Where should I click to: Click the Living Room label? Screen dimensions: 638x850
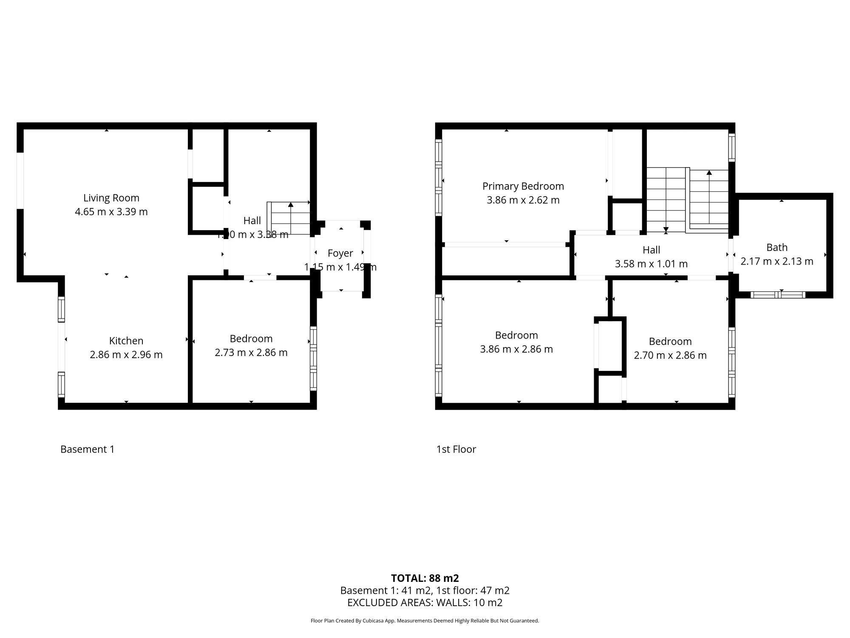111,198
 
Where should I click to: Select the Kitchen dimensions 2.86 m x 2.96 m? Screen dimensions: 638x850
126,355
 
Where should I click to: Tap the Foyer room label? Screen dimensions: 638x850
340,253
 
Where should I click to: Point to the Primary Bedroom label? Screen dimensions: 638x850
523,186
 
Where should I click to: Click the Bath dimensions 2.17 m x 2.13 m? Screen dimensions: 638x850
776,261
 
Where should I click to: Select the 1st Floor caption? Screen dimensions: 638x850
456,449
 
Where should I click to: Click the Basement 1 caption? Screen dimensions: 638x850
87,449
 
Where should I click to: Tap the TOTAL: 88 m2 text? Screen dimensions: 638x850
425,578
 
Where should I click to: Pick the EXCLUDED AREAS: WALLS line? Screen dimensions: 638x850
425,602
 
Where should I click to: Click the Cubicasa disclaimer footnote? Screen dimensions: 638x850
425,621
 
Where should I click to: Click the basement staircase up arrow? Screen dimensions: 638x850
291,205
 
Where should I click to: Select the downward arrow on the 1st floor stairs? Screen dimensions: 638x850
666,230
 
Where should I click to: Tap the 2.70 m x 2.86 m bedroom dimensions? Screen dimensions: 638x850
670,356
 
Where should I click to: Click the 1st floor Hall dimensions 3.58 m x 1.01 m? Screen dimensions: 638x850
651,264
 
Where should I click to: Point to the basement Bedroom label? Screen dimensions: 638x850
251,339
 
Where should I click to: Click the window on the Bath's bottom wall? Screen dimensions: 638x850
777,294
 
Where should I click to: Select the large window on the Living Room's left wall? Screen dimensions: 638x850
20,180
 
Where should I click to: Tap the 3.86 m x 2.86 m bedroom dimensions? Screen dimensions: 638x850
516,349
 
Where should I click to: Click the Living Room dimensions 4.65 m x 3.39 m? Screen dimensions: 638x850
111,212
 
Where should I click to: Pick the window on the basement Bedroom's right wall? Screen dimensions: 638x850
313,358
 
